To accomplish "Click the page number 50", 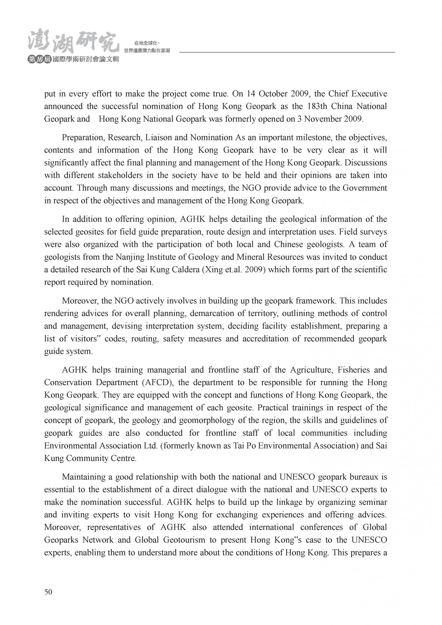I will [48, 592].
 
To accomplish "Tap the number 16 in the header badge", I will [40, 60].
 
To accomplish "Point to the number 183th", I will [317, 106].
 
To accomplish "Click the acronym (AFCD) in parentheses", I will [157, 383].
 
